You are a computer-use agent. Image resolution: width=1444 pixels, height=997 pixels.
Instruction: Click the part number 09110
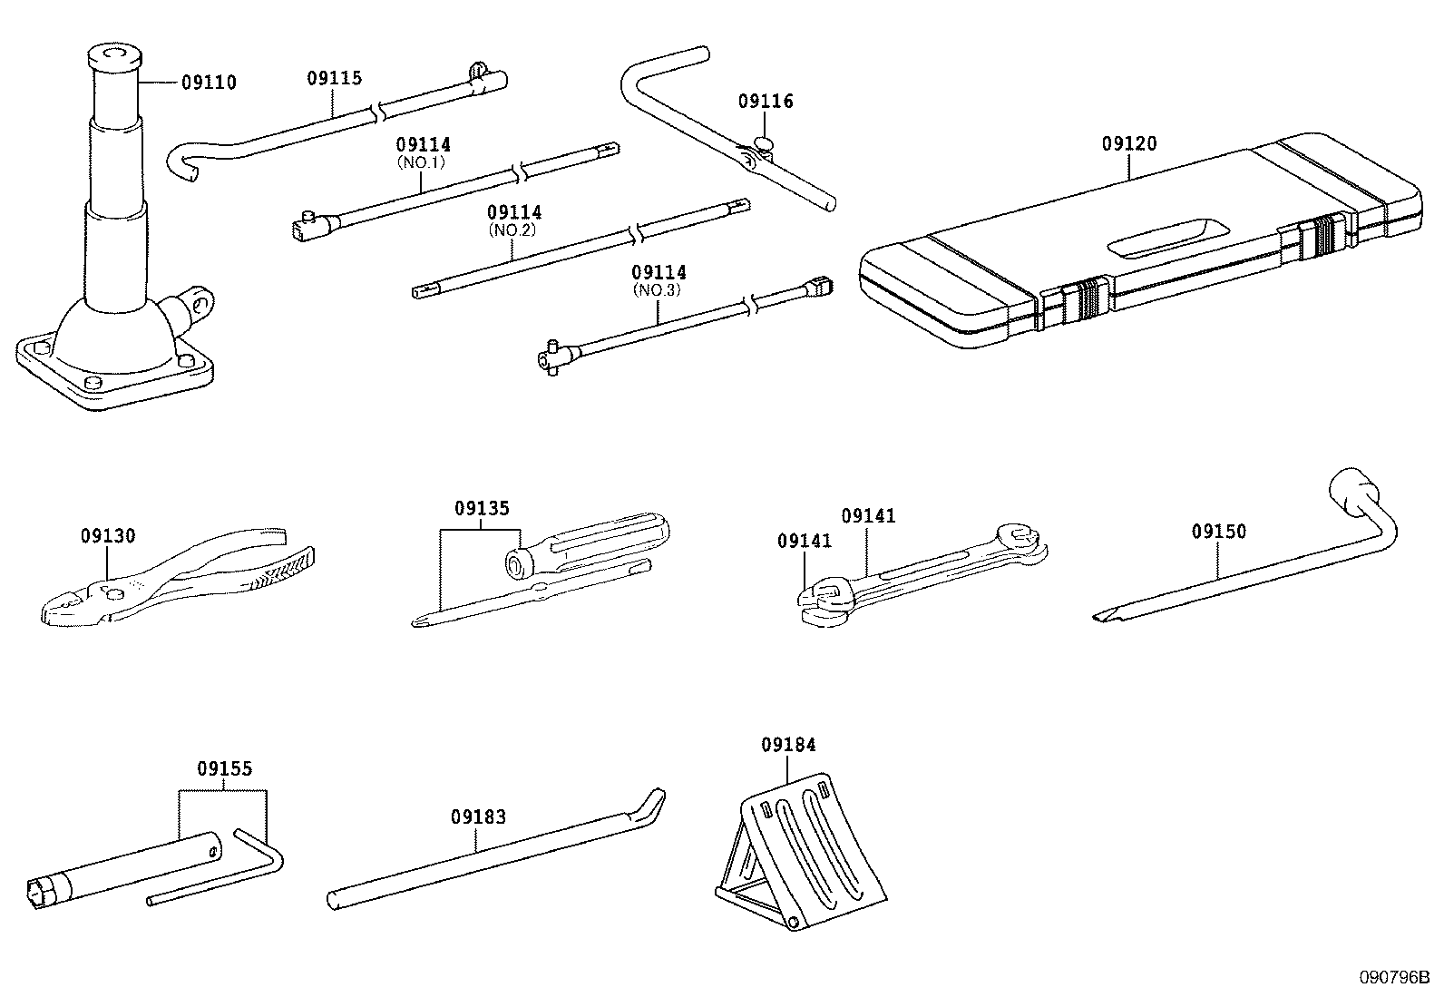(x=209, y=83)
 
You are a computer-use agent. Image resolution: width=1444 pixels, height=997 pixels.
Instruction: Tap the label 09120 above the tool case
(x=1129, y=144)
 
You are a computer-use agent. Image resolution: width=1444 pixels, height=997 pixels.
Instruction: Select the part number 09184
(x=788, y=745)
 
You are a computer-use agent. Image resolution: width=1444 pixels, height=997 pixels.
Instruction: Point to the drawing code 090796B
(x=1393, y=978)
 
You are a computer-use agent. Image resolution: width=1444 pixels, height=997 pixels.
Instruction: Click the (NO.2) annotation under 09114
(x=514, y=230)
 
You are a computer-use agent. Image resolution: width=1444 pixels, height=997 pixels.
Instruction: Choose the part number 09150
(x=1219, y=532)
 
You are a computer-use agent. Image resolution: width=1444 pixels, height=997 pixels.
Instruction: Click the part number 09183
(x=478, y=817)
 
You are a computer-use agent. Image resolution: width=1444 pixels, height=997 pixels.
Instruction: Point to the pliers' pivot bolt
(x=112, y=594)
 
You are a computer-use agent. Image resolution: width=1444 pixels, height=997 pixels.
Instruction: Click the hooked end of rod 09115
(x=184, y=163)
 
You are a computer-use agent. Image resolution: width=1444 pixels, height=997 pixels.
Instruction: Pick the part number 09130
(x=107, y=536)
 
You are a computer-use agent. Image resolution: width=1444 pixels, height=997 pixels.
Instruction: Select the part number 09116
(x=766, y=102)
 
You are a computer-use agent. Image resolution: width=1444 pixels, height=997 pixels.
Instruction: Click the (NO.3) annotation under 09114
(x=659, y=290)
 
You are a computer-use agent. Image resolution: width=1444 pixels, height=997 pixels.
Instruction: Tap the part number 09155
(x=224, y=769)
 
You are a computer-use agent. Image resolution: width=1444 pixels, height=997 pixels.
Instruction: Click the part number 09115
(x=334, y=78)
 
